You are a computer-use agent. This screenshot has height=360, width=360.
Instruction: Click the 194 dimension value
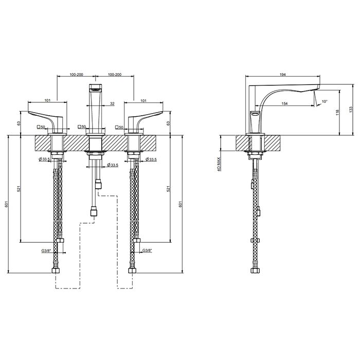(x=283, y=75)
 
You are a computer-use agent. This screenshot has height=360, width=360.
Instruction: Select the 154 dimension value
(x=284, y=103)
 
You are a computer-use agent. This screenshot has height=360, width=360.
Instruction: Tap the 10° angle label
(x=325, y=101)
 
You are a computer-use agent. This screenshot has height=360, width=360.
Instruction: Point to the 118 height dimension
(x=337, y=113)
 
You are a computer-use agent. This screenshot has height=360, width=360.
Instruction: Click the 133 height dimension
(x=350, y=109)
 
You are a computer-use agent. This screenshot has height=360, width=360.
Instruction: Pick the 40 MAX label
(x=219, y=165)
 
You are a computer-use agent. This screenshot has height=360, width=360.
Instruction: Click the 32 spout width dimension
(x=112, y=103)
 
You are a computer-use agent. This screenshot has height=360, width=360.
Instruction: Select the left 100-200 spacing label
(x=77, y=75)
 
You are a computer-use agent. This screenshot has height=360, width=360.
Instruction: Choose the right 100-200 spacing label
(x=115, y=75)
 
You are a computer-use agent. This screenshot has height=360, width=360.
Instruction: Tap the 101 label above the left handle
(x=47, y=100)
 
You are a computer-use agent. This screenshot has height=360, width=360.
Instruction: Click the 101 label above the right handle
(x=143, y=100)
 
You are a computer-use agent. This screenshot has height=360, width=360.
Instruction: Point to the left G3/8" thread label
(x=46, y=251)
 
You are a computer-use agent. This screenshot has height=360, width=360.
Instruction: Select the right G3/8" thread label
(x=147, y=250)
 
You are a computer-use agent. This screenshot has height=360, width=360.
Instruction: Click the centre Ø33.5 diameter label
(x=113, y=165)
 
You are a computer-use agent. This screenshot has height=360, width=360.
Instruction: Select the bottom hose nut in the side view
(x=255, y=270)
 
